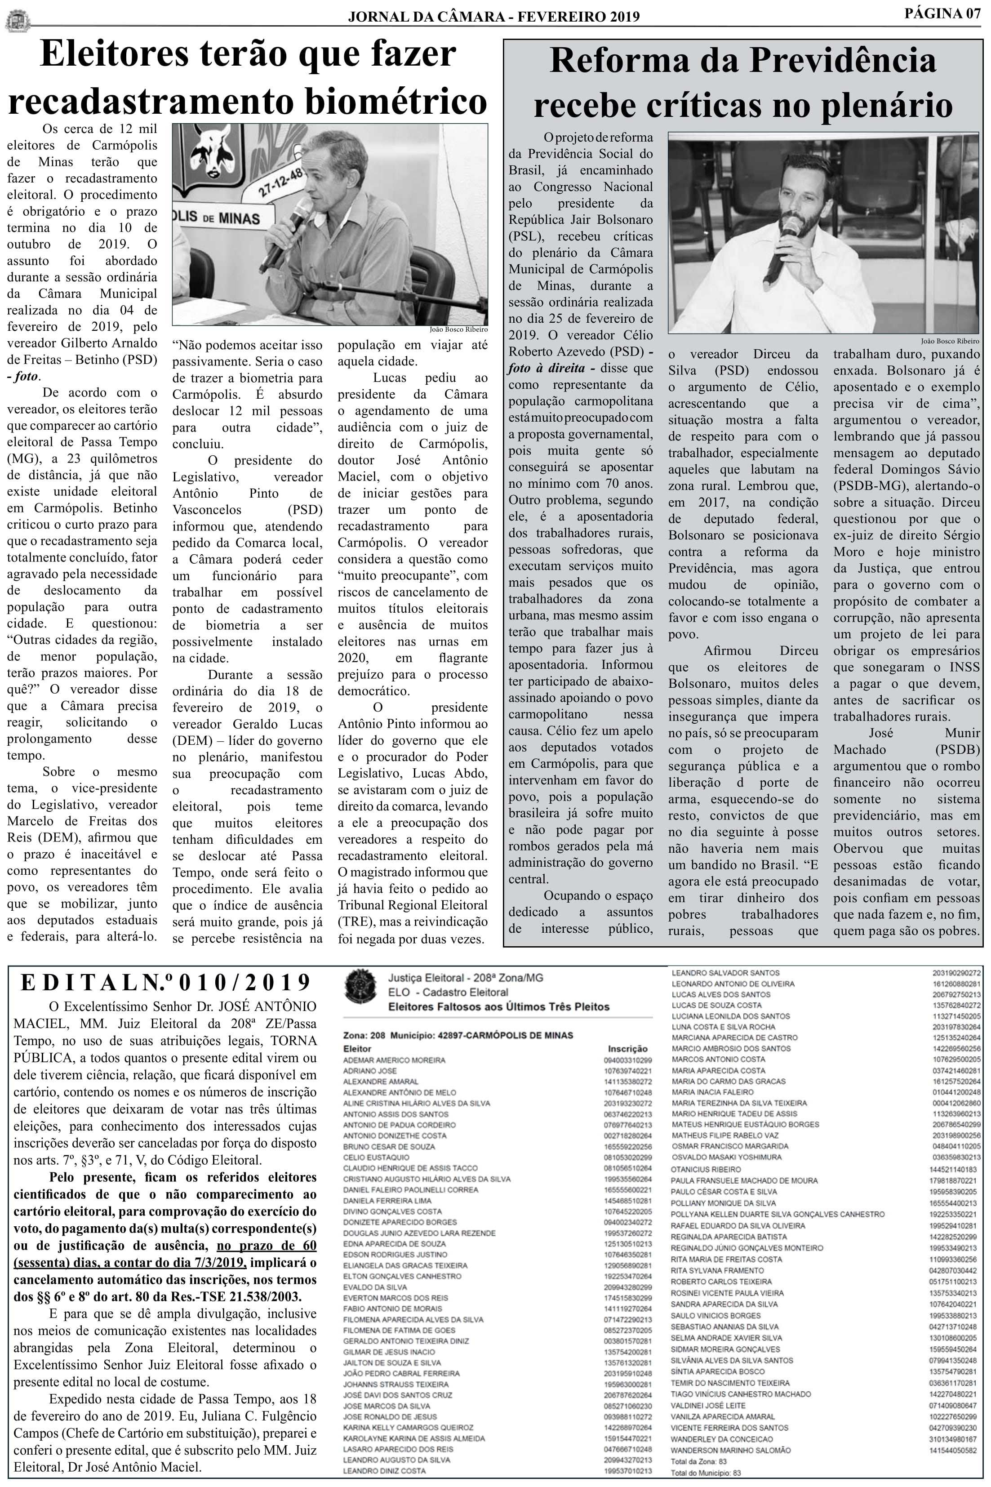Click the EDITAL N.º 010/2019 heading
click(x=165, y=983)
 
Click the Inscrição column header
click(x=627, y=1048)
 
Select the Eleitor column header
click(x=357, y=1048)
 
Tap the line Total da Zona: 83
click(x=698, y=1461)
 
